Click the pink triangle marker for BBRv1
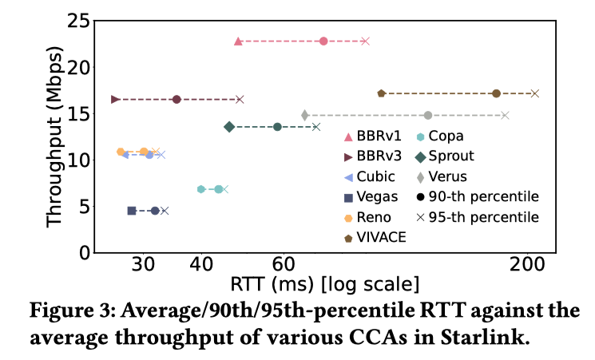pos(238,41)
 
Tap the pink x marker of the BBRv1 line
pos(365,41)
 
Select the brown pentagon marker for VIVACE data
pos(382,93)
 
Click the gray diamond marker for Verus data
pos(305,115)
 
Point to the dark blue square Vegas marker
pos(132,210)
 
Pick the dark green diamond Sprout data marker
pos(229,127)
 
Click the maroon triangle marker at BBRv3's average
pos(116,99)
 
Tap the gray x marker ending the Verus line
pos(505,115)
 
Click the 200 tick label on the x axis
pos(528,265)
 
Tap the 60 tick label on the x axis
pos(284,265)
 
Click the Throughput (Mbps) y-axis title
pos(54,137)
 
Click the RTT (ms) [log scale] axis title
pos(324,284)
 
